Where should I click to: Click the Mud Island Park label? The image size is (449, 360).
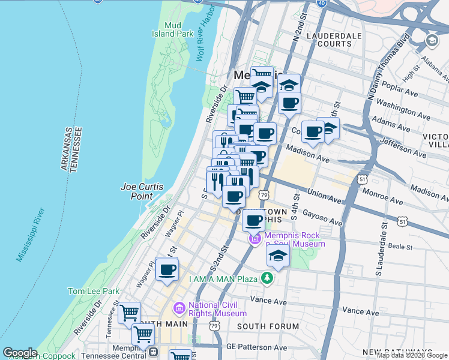click(179, 29)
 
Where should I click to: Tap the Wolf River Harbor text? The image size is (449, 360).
click(205, 38)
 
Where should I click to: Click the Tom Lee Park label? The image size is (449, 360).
click(93, 291)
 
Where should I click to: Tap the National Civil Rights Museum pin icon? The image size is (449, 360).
click(179, 308)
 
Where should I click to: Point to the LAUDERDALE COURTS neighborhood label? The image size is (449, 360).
click(334, 40)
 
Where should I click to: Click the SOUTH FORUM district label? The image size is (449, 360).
click(268, 326)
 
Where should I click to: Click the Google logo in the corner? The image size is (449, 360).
click(20, 353)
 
